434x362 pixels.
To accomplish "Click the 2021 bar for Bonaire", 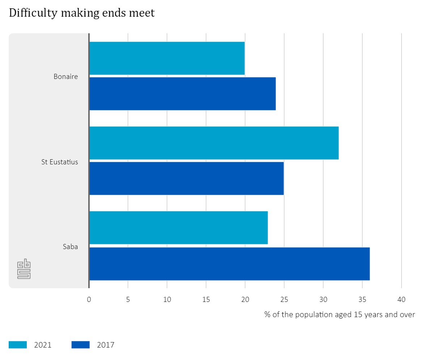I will (167, 58).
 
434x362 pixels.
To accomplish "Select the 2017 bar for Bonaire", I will (182, 94).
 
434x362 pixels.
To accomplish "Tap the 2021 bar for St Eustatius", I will (214, 143).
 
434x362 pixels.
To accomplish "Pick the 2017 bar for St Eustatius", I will (186, 178).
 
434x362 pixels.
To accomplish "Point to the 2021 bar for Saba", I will (178, 228).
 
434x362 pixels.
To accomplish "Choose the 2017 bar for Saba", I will (229, 264).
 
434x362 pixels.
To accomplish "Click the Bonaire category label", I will (66, 76).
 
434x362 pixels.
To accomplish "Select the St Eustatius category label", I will (60, 162).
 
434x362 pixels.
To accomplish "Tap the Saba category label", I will (70, 247).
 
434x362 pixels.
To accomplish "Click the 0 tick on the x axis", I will (89, 300).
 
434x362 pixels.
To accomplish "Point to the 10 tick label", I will (167, 300).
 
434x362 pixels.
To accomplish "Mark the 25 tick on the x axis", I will (284, 300).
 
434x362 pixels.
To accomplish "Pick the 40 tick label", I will (401, 300).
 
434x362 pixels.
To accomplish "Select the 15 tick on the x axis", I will (206, 300).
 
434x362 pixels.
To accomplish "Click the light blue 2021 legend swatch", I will (18, 345).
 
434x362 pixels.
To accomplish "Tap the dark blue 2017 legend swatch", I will (80, 345).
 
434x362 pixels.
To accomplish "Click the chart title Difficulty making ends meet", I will (82, 13).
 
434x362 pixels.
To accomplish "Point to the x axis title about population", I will (340, 314).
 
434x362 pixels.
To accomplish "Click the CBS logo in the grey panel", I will (24, 269).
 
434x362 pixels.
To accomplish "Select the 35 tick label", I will (362, 300).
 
